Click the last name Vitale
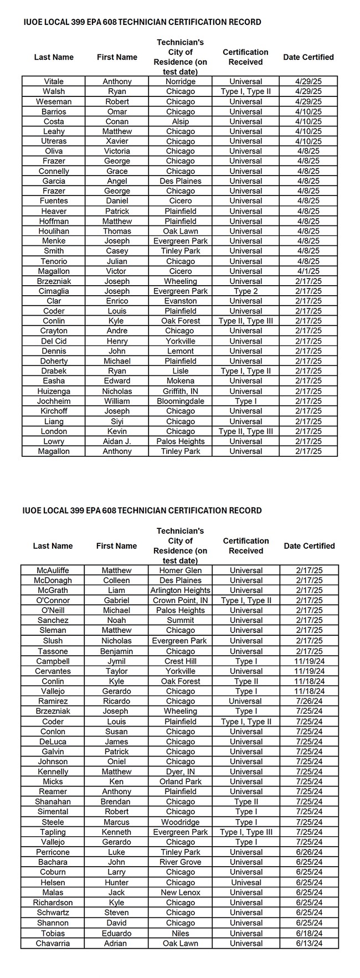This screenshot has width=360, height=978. (54, 81)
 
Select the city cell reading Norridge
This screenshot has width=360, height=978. (181, 81)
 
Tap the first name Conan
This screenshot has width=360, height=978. (117, 121)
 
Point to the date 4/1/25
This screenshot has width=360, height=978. (308, 271)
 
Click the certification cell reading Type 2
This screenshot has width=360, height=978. (245, 291)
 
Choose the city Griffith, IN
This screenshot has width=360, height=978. (181, 391)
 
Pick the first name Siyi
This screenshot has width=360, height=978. (117, 421)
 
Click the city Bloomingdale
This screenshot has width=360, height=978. (181, 401)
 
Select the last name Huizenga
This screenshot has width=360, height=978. (54, 391)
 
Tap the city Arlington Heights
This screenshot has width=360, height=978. (181, 590)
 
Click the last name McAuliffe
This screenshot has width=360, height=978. (53, 570)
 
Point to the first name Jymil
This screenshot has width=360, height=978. (116, 661)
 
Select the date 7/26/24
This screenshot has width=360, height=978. (309, 701)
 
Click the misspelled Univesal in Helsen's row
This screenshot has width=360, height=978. (246, 882)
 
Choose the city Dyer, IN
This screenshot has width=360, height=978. (181, 771)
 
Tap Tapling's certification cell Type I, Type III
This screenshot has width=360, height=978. (246, 832)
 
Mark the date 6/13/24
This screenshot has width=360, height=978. (309, 943)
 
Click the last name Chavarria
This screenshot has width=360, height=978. (53, 943)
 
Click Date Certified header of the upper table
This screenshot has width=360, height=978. (308, 57)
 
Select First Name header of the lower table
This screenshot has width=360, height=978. (116, 546)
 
